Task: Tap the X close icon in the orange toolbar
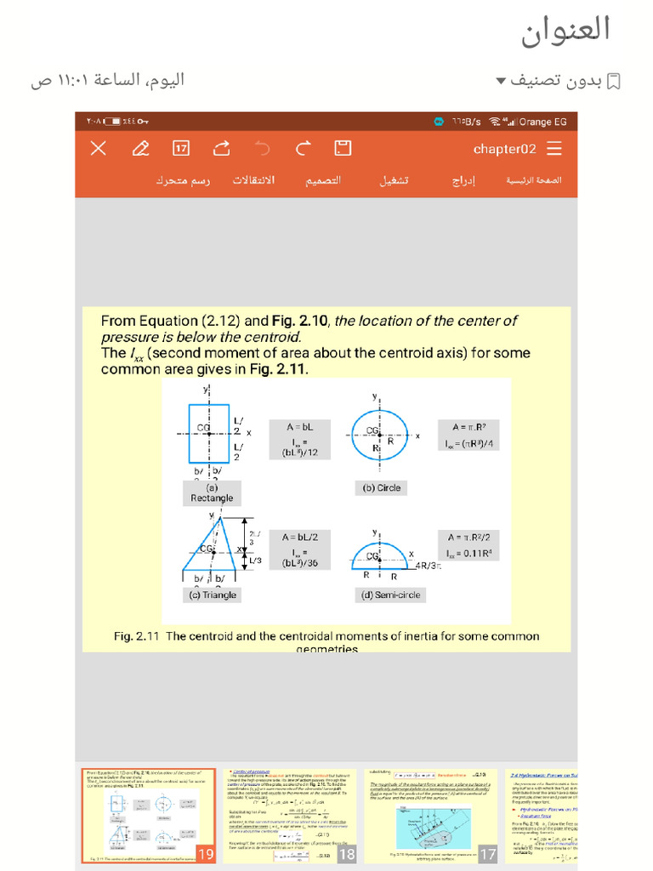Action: pos(99,149)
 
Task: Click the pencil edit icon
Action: pos(140,149)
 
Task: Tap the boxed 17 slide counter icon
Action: pos(181,149)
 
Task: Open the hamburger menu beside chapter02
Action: pos(554,149)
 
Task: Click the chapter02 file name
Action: pos(504,149)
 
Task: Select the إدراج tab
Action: pos(463,181)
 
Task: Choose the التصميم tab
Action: pos(323,181)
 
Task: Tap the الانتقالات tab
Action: pos(253,181)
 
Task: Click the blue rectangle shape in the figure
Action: pos(209,433)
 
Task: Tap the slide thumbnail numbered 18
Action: pos(290,815)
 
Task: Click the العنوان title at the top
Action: pos(565,30)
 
